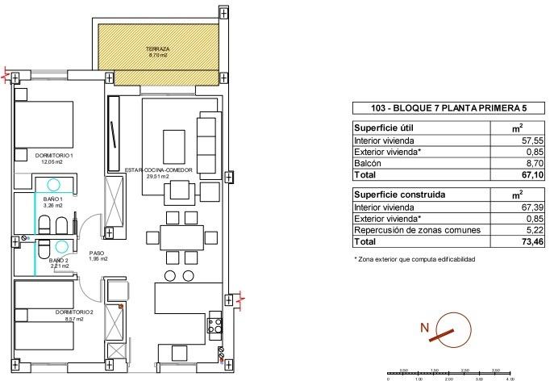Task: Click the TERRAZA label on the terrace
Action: [x=157, y=48]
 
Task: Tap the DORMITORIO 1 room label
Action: [x=54, y=155]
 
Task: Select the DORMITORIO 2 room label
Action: [x=53, y=312]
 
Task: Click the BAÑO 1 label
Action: [x=53, y=199]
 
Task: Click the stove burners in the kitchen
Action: [x=215, y=326]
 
